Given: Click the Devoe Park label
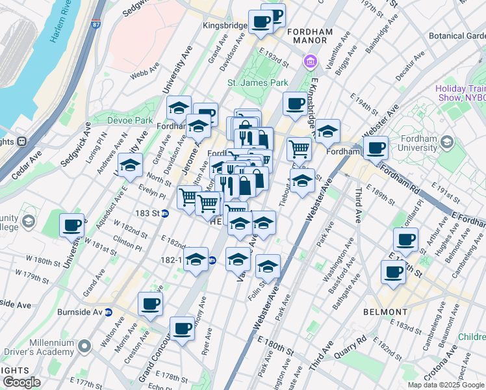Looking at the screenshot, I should (x=136, y=120).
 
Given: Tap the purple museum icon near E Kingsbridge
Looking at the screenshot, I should (x=309, y=62).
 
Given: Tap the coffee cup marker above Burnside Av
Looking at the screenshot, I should (x=150, y=304).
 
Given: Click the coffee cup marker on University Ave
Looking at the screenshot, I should (x=72, y=226).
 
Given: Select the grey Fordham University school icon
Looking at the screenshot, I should (x=446, y=142).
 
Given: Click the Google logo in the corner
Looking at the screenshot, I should (x=22, y=382).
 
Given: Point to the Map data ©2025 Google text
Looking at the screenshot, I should (x=446, y=385).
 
